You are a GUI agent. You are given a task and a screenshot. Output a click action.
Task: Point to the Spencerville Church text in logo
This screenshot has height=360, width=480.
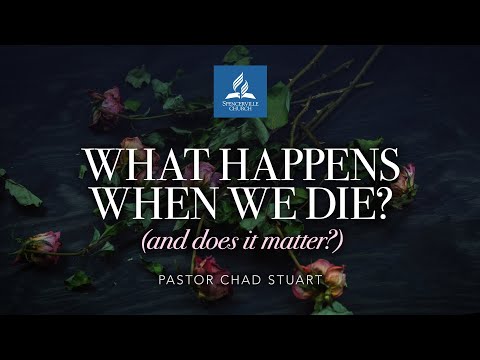point(240,105)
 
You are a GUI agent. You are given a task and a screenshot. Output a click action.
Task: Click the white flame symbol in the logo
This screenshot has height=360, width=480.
point(240,82)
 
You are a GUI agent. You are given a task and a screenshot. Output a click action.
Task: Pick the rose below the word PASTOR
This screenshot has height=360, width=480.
point(208,268)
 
